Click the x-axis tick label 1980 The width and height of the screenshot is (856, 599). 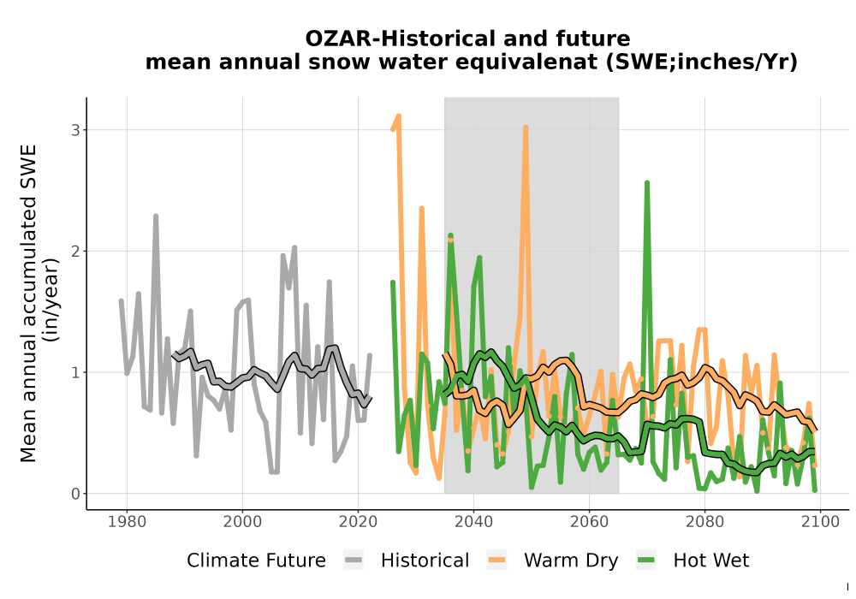[x=127, y=522]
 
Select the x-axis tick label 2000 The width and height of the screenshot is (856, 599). [x=242, y=522]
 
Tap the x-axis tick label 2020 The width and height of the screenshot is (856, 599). [x=358, y=522]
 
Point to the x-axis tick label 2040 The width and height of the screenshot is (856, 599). [x=473, y=522]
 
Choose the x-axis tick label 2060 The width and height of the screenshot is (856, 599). [x=589, y=522]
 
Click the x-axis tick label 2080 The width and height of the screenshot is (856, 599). [x=704, y=522]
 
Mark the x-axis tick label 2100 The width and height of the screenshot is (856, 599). [x=820, y=522]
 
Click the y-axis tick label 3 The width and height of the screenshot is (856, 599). [x=75, y=130]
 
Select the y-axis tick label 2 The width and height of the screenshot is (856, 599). [x=75, y=251]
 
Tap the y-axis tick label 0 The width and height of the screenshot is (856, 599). [x=75, y=494]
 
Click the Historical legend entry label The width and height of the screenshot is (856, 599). [x=425, y=560]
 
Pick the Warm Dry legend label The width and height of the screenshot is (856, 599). [x=571, y=560]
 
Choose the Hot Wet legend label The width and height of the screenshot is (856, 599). [x=711, y=560]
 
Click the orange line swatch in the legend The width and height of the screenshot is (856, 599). [x=496, y=560]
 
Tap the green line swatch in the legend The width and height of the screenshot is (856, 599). [x=646, y=560]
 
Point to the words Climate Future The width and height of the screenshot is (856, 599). [x=256, y=560]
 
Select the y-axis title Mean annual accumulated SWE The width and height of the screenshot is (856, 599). [x=28, y=303]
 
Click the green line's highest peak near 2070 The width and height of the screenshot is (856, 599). [x=647, y=183]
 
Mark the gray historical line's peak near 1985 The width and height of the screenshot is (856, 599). [x=156, y=216]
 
